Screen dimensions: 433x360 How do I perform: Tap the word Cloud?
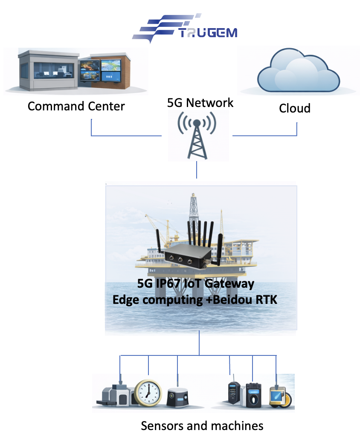tap(295, 108)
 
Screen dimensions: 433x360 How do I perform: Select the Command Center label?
tap(76, 106)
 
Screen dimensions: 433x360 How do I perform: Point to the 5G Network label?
tap(200, 103)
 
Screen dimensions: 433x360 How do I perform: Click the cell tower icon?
tap(196, 136)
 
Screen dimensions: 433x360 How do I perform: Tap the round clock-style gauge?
tap(148, 392)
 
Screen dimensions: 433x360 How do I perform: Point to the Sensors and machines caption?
tap(202, 425)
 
